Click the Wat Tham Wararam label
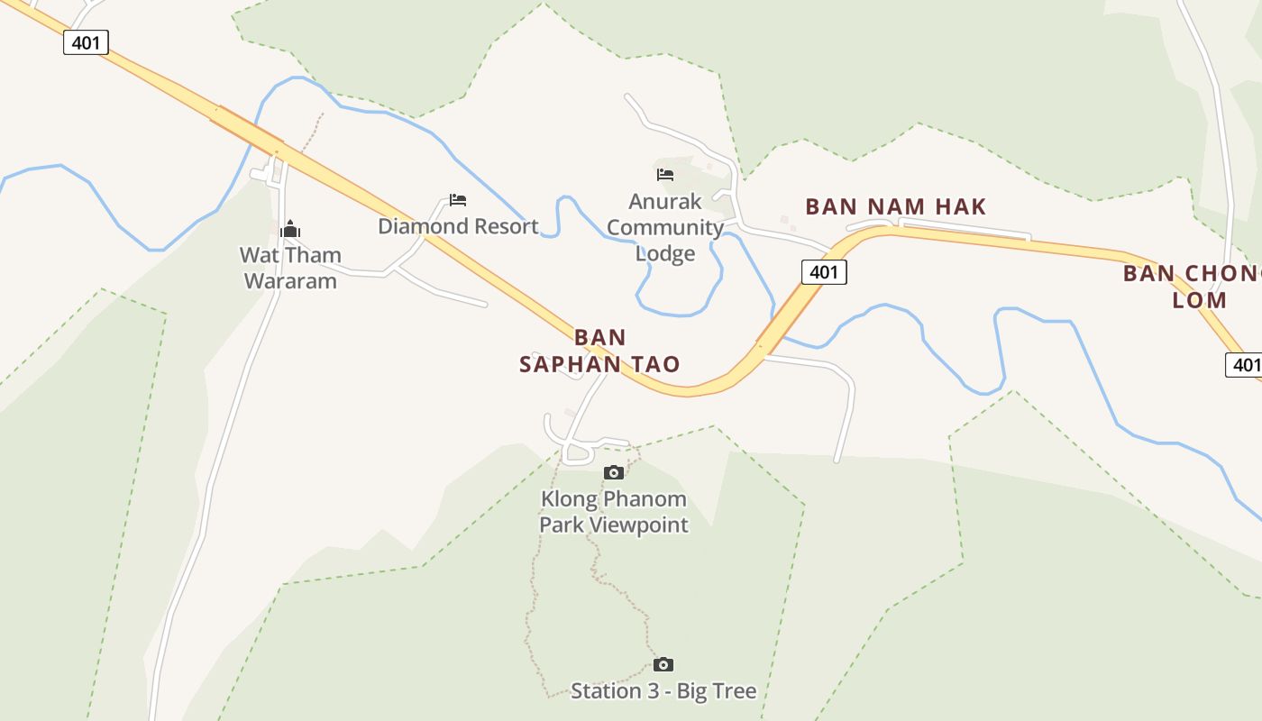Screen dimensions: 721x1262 coord(290,268)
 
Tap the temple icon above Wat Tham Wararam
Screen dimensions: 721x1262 coord(290,230)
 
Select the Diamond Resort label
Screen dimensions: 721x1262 coord(458,226)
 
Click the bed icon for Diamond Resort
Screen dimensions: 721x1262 coord(458,200)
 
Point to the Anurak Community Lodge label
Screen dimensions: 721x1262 coord(665,227)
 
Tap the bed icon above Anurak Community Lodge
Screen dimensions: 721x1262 coord(665,174)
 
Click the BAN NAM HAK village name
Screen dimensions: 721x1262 coord(896,206)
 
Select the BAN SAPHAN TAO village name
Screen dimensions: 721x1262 coord(599,351)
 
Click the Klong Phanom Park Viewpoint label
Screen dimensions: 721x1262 coord(614,512)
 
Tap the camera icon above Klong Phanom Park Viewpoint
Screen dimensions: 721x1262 coord(614,472)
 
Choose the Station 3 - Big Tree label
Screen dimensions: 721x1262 coord(663,691)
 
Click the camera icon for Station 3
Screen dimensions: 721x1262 coord(663,665)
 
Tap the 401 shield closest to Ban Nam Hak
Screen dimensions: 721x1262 coord(824,272)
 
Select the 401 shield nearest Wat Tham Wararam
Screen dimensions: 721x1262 coord(86,42)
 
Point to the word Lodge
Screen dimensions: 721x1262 coord(665,253)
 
